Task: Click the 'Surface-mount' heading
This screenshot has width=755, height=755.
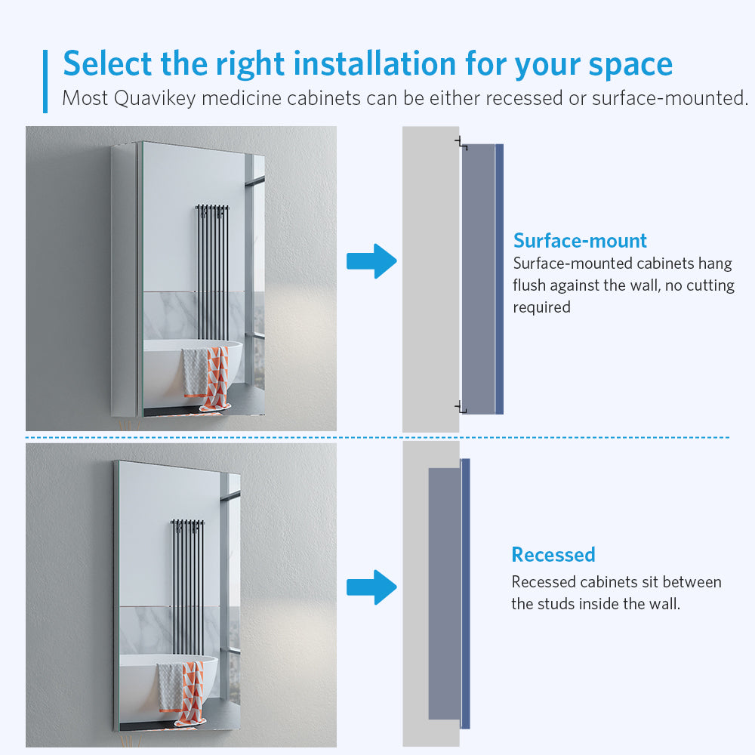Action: pyautogui.click(x=580, y=241)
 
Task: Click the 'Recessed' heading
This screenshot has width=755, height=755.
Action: pyautogui.click(x=553, y=555)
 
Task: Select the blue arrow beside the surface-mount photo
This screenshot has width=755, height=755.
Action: pyautogui.click(x=371, y=261)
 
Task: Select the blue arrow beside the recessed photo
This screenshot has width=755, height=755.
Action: pyautogui.click(x=371, y=587)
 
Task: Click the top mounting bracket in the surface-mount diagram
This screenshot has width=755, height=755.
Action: pyautogui.click(x=461, y=143)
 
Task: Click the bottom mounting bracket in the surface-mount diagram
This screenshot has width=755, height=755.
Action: pyautogui.click(x=461, y=408)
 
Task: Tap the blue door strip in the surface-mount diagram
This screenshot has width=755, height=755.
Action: pyautogui.click(x=499, y=279)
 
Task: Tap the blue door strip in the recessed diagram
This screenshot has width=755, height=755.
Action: pyautogui.click(x=465, y=593)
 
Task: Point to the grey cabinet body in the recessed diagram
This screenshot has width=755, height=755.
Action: pyautogui.click(x=445, y=593)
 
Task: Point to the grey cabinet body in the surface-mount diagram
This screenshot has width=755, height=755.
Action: pyautogui.click(x=479, y=279)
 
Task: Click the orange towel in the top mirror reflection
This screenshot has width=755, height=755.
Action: pyautogui.click(x=217, y=378)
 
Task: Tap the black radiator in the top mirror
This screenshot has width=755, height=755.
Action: pyautogui.click(x=212, y=273)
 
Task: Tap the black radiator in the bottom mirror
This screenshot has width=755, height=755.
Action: pyautogui.click(x=187, y=587)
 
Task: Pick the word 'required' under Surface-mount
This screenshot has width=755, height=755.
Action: pyautogui.click(x=541, y=308)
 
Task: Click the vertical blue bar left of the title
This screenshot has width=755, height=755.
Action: pyautogui.click(x=45, y=82)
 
